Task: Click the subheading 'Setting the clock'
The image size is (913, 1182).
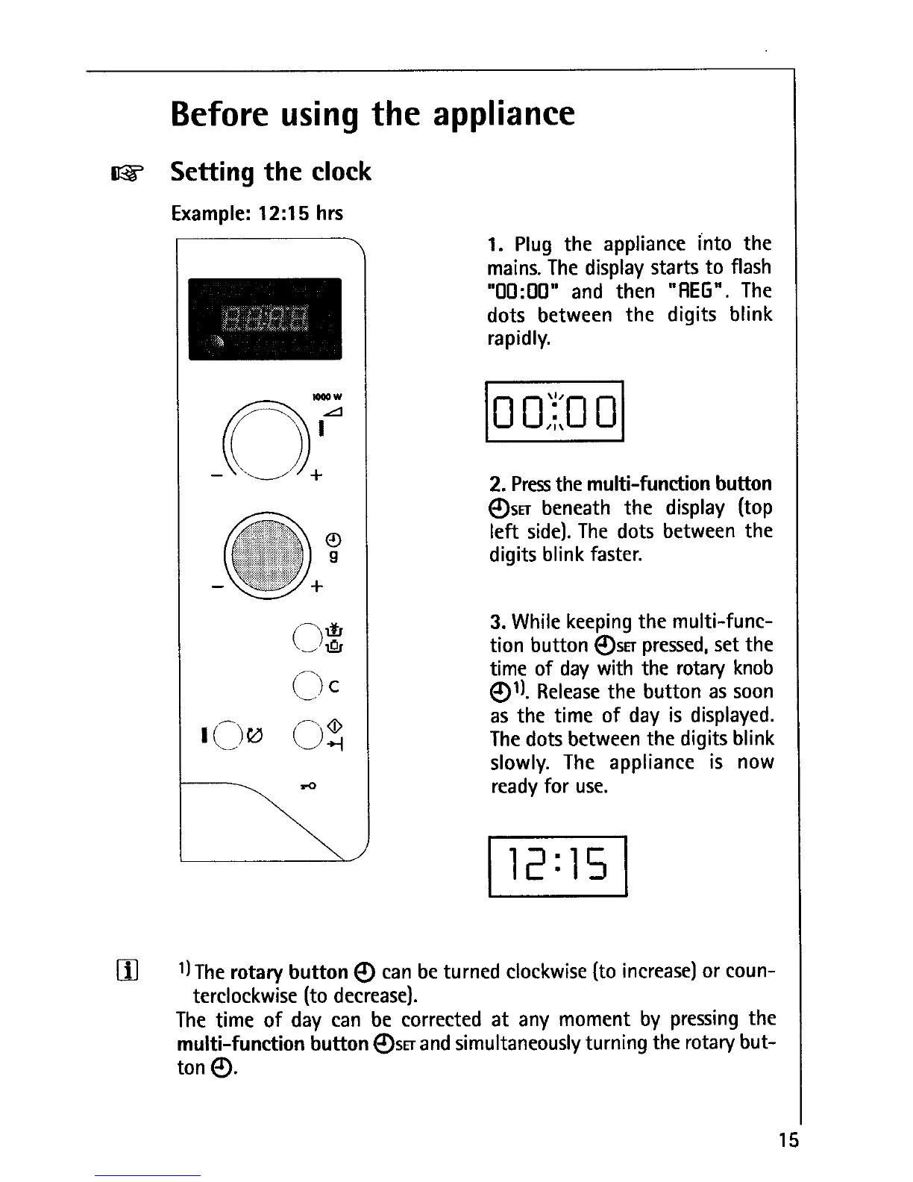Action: (270, 172)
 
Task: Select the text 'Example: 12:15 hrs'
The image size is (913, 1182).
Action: (257, 214)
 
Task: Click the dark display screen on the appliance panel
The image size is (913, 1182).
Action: (265, 319)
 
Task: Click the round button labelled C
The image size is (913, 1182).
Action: (307, 685)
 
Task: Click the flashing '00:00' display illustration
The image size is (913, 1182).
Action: (554, 412)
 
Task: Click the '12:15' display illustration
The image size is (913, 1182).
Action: (557, 866)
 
